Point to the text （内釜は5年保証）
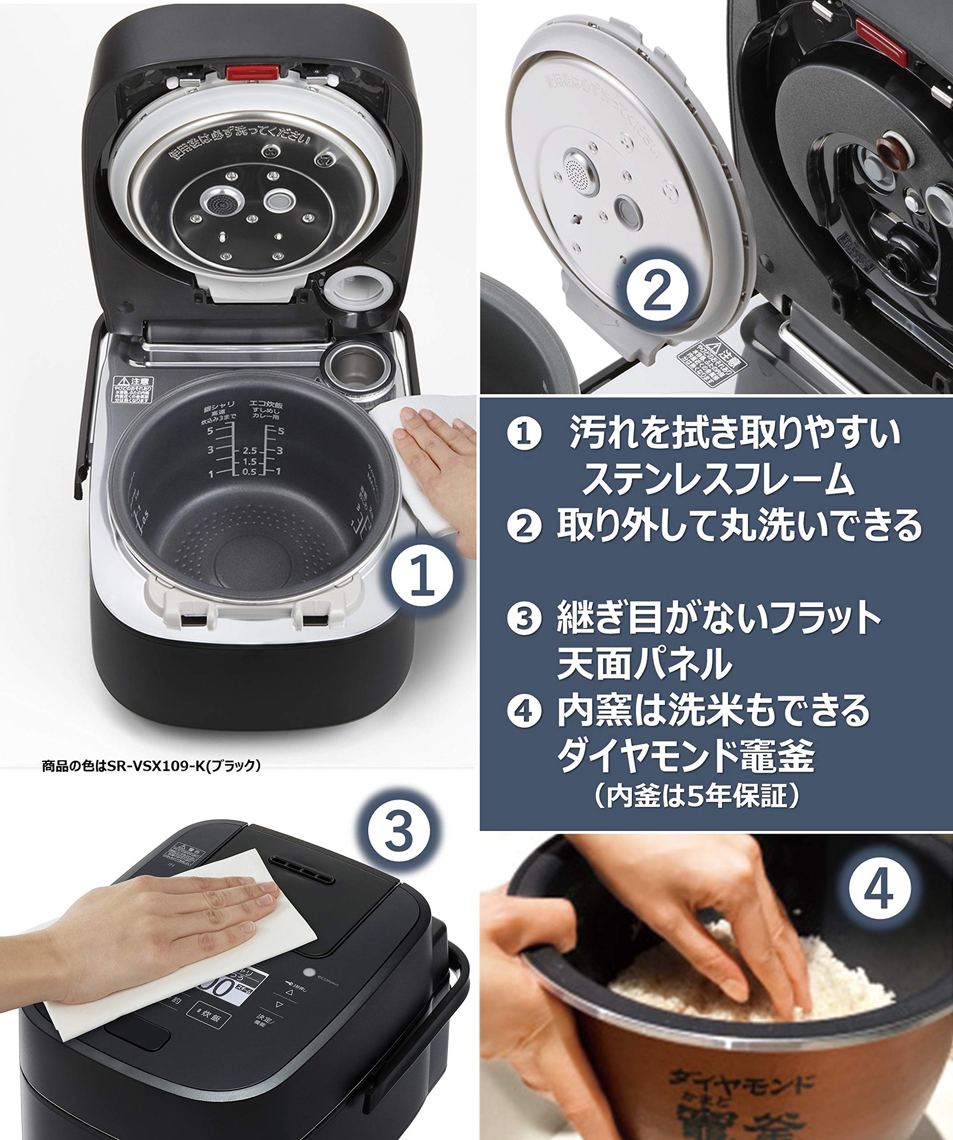point(696,796)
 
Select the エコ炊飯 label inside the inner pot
point(266,404)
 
